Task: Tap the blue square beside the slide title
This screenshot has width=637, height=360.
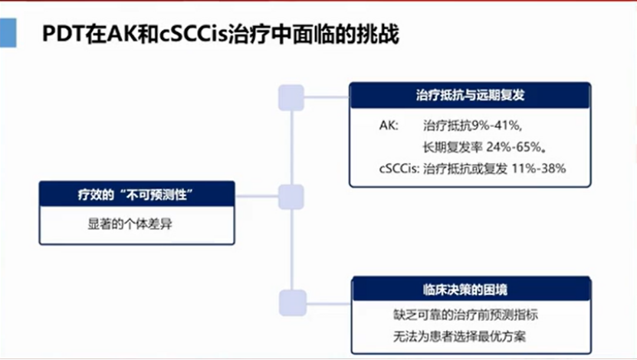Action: tap(8, 34)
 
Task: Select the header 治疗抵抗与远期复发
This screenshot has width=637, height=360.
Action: tap(469, 97)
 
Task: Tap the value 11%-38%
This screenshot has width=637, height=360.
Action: tap(540, 168)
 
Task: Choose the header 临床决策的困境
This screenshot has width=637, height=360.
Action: tap(469, 290)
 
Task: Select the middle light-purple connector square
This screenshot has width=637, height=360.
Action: tap(291, 197)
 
